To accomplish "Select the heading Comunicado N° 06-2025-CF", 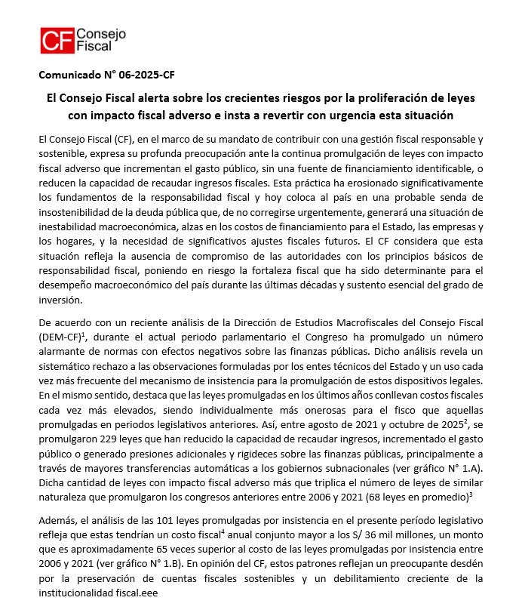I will point(106,75).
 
